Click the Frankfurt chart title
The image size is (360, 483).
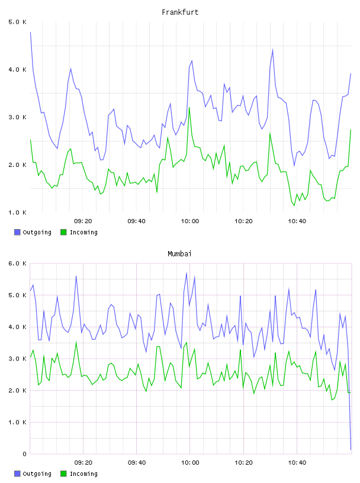point(180,12)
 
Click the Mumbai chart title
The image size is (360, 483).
point(179,254)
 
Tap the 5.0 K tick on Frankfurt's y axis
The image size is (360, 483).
point(18,22)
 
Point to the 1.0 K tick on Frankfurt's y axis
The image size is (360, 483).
point(18,212)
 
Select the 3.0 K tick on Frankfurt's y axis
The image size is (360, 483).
point(18,117)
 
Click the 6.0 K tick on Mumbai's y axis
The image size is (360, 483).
point(18,263)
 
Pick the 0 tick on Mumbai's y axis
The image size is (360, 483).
point(24,454)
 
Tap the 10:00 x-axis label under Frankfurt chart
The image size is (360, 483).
point(190,221)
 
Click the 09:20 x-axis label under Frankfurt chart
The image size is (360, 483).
point(83,221)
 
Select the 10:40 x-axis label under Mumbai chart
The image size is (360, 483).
point(297,463)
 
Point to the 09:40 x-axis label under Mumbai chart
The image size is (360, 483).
point(137,463)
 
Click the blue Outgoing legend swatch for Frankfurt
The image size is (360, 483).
point(17,232)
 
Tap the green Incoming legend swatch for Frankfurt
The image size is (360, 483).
point(63,232)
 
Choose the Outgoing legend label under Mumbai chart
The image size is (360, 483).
point(37,474)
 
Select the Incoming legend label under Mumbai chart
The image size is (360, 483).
point(83,474)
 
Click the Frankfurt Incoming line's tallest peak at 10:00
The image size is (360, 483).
point(189,107)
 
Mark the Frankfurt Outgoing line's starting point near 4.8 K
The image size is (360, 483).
point(30,32)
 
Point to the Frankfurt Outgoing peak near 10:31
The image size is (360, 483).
point(272,50)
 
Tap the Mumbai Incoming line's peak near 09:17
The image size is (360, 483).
point(76,342)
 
